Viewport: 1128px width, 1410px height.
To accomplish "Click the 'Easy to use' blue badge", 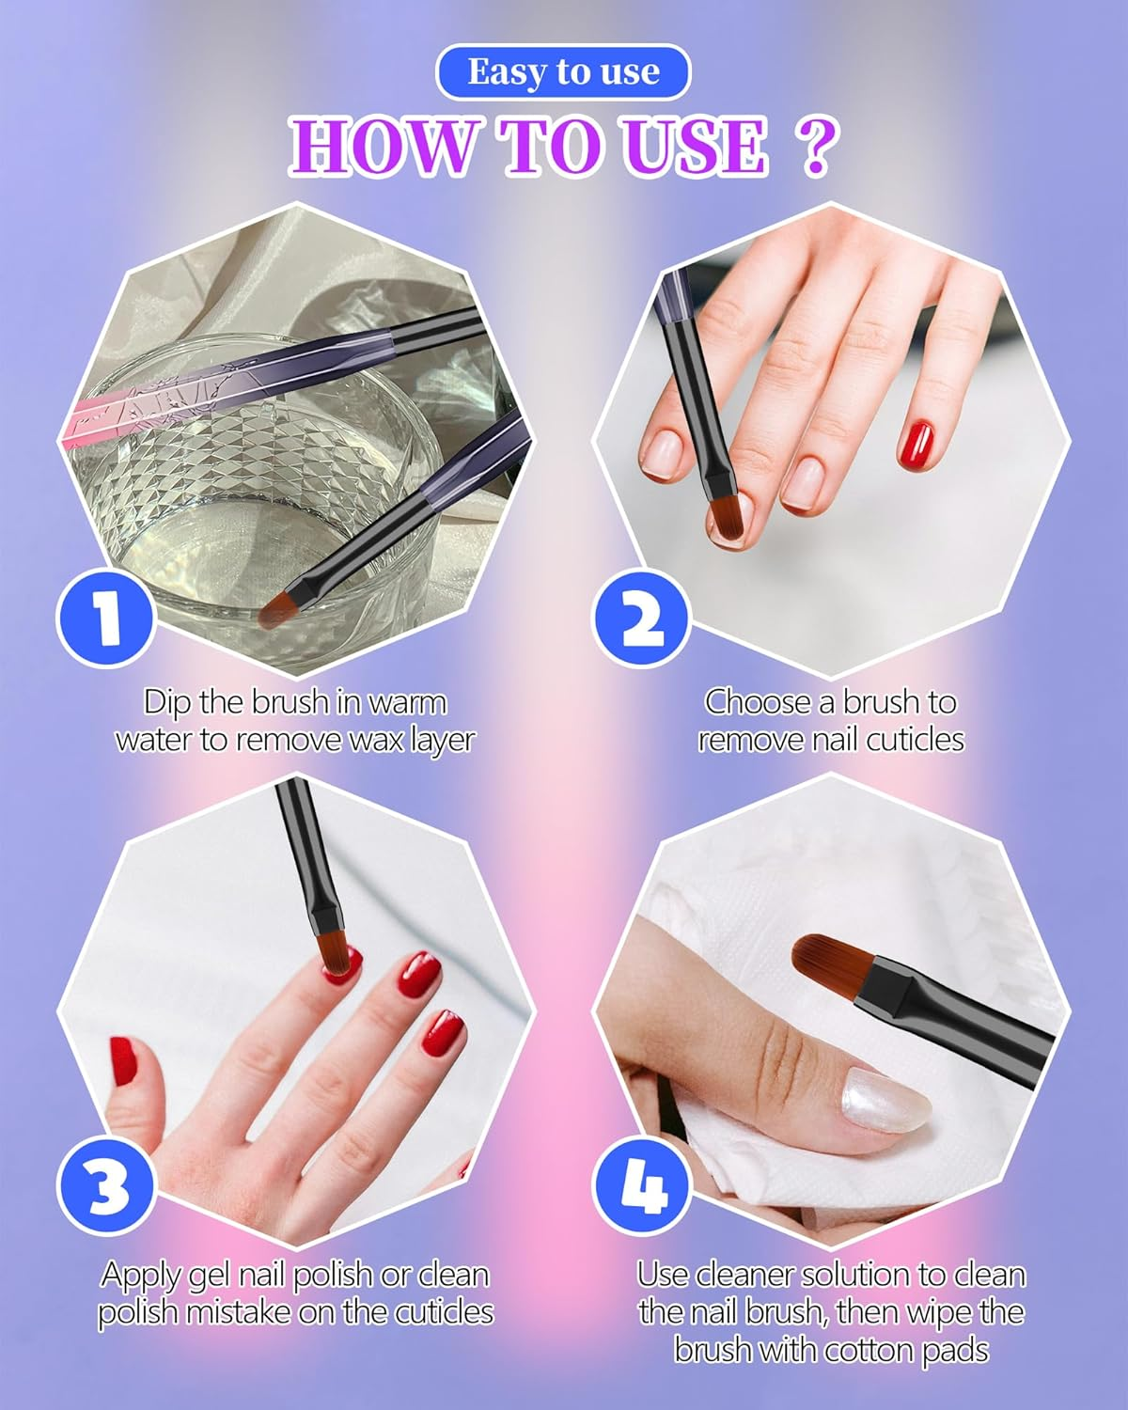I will tap(563, 72).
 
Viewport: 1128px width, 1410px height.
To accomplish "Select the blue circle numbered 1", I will tap(106, 617).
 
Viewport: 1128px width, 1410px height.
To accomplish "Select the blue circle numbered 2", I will tap(642, 617).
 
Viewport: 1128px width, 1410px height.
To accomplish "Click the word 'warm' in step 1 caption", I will tap(407, 702).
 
